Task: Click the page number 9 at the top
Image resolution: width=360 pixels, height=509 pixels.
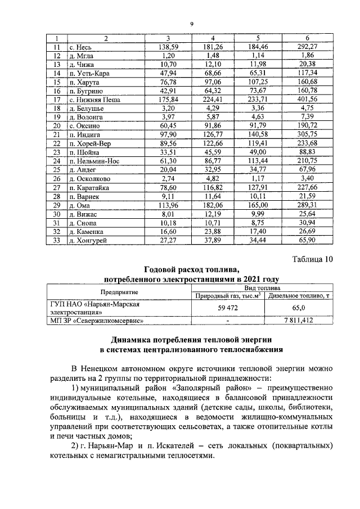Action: (191, 24)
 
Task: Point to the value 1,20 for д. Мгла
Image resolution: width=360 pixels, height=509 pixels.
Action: (169, 56)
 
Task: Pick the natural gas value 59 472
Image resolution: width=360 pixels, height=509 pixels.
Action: (227, 308)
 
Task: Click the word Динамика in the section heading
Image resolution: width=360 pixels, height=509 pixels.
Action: (135, 340)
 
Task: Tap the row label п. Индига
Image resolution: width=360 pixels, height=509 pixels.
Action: (83, 135)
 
